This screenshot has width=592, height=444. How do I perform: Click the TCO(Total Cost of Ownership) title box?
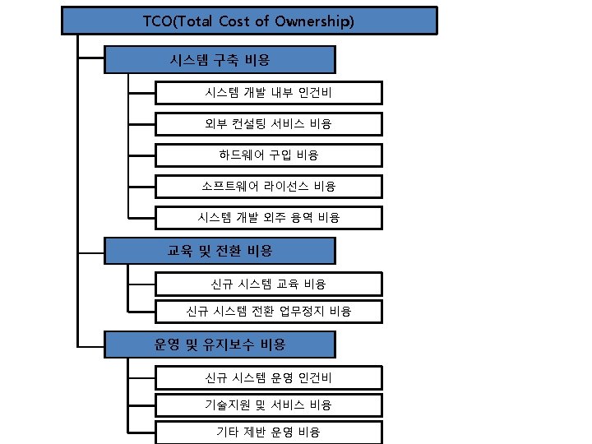pos(249,21)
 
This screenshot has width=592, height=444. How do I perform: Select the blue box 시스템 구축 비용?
pos(220,60)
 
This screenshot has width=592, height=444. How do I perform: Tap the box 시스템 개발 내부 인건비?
pos(268,93)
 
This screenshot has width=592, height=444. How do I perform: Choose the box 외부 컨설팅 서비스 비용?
pos(268,124)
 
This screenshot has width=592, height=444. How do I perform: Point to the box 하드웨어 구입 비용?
pos(268,155)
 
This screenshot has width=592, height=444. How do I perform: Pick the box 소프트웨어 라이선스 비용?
pos(268,186)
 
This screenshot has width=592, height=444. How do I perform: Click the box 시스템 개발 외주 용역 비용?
pos(268,217)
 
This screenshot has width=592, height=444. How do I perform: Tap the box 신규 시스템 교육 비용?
pos(268,284)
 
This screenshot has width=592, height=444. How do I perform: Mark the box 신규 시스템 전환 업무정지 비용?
pos(268,312)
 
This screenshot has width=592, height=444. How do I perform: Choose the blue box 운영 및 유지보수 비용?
pos(220,345)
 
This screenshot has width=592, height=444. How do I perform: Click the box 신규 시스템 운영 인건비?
pos(268,377)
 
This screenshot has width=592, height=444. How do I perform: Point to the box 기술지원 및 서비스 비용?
pos(268,405)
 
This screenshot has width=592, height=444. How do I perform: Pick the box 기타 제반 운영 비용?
pos(268,432)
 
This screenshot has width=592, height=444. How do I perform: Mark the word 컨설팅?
pos(248,124)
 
